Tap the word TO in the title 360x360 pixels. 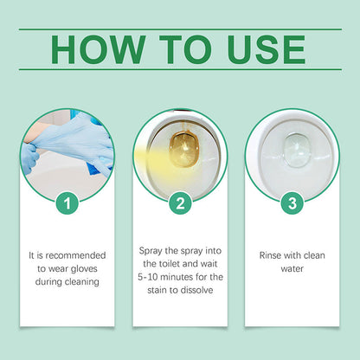173,49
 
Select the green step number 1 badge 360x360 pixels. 68,204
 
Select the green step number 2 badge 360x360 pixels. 180,204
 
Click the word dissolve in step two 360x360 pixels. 200,290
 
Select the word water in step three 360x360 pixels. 292,268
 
